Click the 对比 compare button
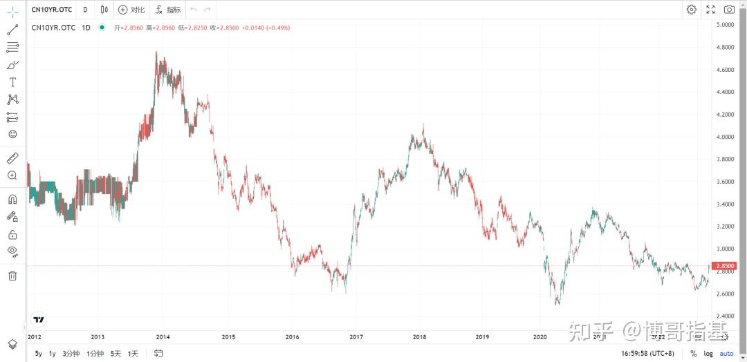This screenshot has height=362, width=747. (131, 10)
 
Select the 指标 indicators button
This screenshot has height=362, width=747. (168, 10)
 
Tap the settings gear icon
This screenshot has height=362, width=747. (692, 10)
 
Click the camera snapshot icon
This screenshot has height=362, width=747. (729, 10)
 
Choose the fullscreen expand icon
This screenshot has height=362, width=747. (710, 10)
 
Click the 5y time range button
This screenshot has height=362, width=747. (39, 354)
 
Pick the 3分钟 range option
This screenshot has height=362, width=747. (71, 354)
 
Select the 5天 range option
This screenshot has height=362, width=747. (116, 354)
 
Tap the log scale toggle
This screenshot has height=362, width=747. (708, 354)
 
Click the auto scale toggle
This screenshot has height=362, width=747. (726, 354)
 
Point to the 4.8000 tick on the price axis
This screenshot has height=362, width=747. (726, 48)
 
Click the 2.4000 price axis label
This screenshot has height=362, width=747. (726, 316)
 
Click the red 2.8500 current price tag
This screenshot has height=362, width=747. (726, 266)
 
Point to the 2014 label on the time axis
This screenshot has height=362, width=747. (163, 337)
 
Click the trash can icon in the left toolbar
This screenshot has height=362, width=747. (12, 276)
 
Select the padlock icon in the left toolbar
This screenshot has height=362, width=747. (12, 234)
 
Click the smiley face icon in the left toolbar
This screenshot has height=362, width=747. (12, 135)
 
